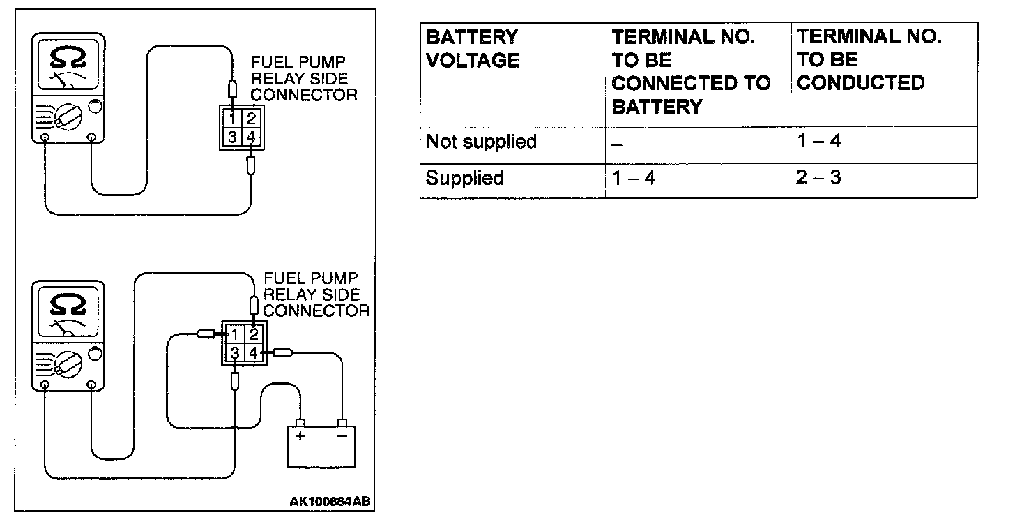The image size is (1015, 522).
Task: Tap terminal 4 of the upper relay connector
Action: (252, 137)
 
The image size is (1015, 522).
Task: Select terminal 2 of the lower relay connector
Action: (254, 334)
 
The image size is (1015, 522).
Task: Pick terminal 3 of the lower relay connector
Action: (236, 354)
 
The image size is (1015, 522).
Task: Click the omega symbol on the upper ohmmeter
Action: (67, 58)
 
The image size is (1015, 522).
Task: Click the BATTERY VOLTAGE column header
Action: (472, 49)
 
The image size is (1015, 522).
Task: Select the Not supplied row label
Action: (481, 142)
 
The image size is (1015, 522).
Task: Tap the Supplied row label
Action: (464, 178)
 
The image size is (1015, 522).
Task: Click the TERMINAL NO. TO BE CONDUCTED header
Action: (869, 60)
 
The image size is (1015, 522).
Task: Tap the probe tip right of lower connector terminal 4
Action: (282, 353)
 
